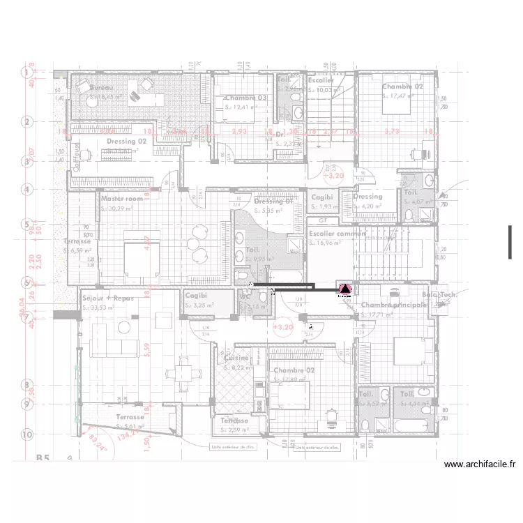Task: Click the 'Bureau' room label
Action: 102,88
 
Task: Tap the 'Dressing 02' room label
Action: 126,142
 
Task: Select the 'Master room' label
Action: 122,199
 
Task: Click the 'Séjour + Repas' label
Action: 107,298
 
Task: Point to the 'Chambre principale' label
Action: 394,305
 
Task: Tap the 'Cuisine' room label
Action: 236,358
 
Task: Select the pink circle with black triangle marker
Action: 344,289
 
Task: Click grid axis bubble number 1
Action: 27,73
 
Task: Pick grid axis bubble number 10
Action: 27,434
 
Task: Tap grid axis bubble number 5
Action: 27,225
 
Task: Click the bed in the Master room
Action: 142,256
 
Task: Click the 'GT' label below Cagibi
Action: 322,220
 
